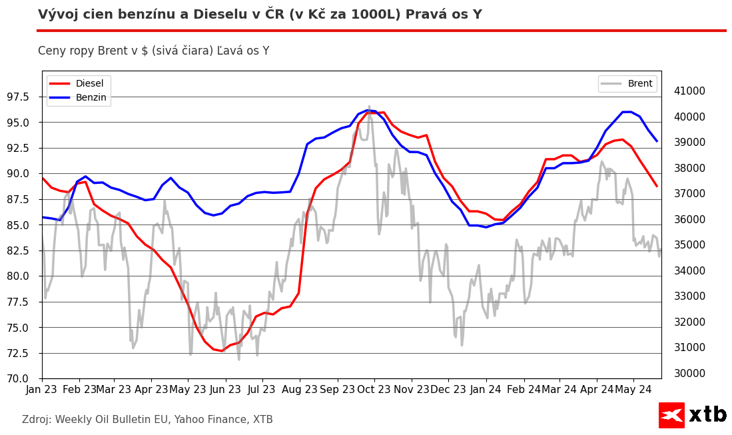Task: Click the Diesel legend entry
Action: click(89, 84)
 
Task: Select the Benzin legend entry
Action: click(91, 97)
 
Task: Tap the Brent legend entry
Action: click(639, 84)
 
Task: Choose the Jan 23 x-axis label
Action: click(42, 389)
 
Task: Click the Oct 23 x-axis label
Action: click(374, 389)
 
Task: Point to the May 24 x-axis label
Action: click(633, 389)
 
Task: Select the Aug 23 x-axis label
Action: click(299, 389)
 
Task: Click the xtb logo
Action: click(693, 415)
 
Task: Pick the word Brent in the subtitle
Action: click(116, 51)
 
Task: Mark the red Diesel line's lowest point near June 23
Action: click(222, 351)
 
